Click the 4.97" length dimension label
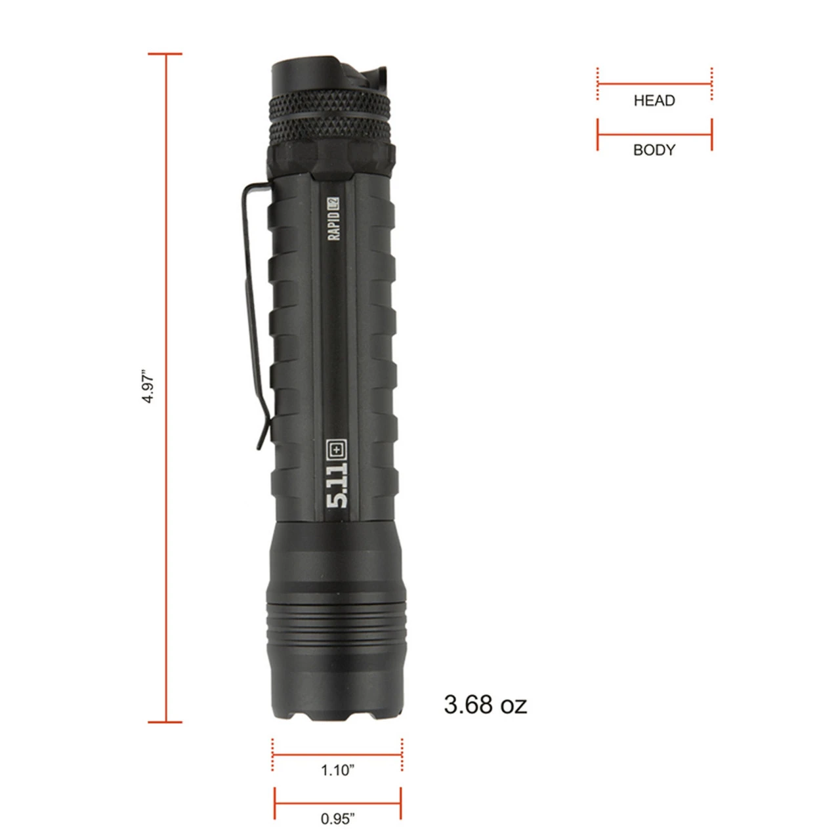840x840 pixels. (x=149, y=387)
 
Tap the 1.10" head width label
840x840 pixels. (x=337, y=770)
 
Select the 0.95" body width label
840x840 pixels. (x=337, y=818)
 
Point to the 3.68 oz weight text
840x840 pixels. (x=485, y=704)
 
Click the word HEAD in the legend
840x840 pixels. (x=654, y=100)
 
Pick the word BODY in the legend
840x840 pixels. (x=654, y=150)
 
